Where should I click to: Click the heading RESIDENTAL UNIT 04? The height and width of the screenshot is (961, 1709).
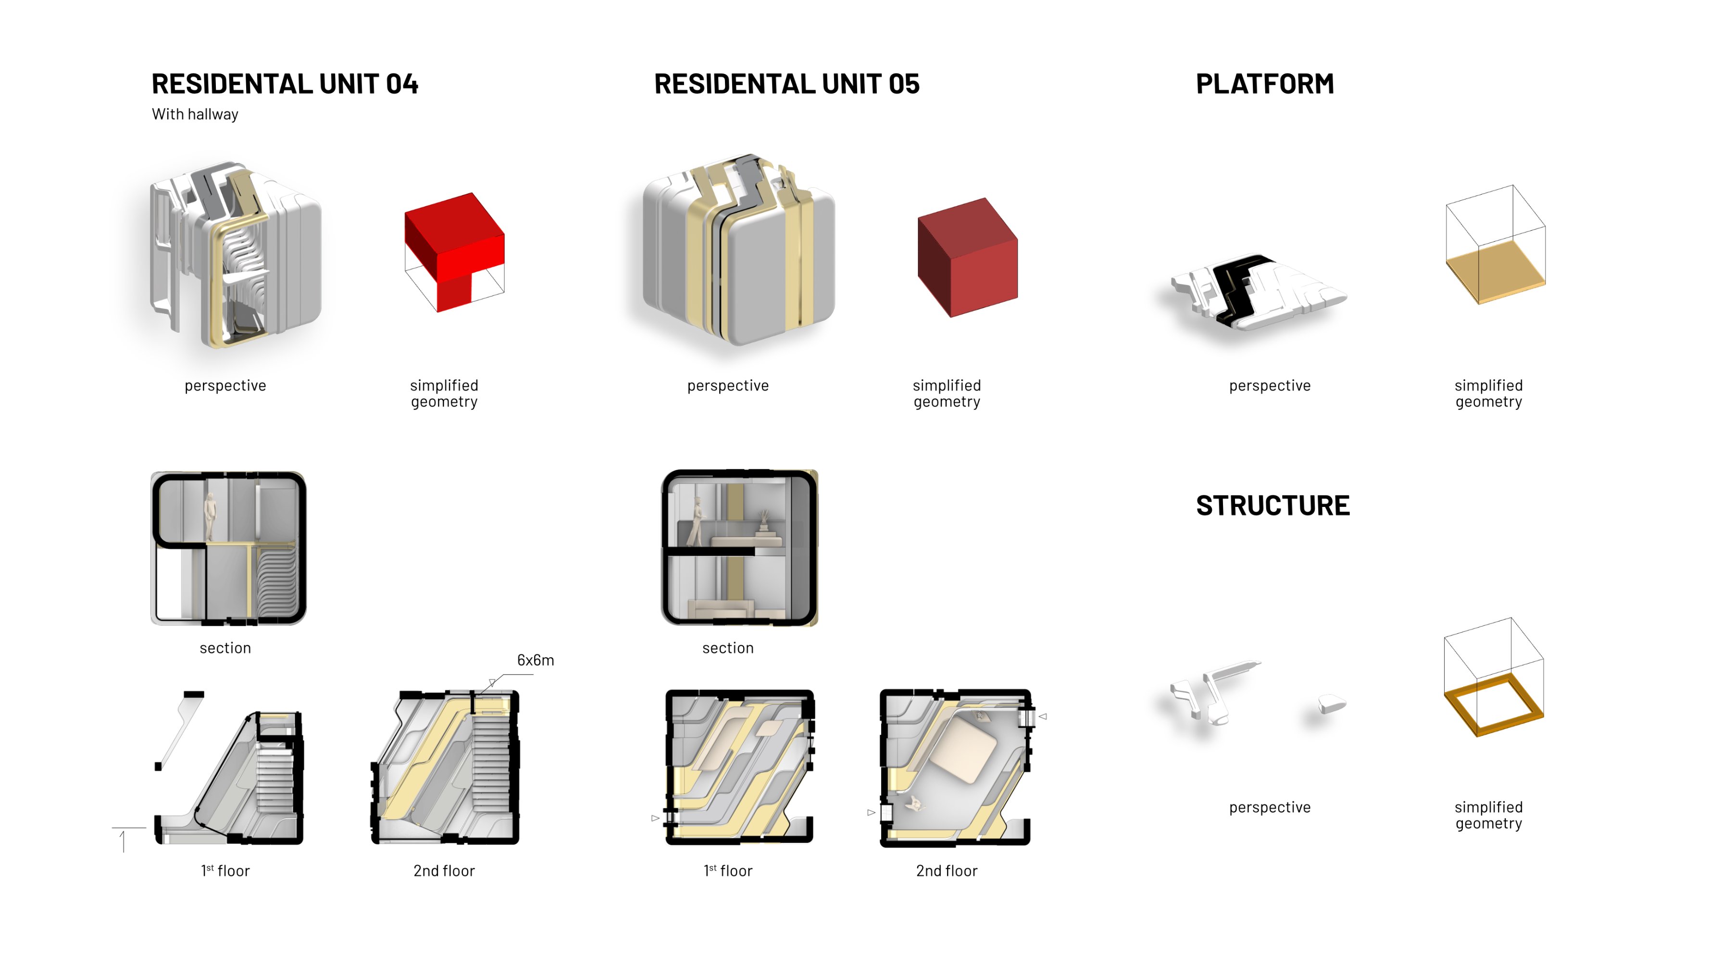[285, 84]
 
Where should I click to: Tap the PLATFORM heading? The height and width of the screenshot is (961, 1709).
[1264, 84]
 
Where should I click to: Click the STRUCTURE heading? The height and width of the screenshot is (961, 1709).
[1272, 505]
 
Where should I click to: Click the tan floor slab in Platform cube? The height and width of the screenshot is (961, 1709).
[1495, 272]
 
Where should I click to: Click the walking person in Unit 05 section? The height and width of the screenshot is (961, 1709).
[697, 522]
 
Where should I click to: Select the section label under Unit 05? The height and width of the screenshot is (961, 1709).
[727, 648]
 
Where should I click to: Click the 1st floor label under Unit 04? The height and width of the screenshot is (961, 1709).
[225, 871]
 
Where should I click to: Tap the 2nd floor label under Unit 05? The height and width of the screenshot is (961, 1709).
[946, 871]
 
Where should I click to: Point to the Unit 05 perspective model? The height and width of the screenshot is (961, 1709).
[738, 252]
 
